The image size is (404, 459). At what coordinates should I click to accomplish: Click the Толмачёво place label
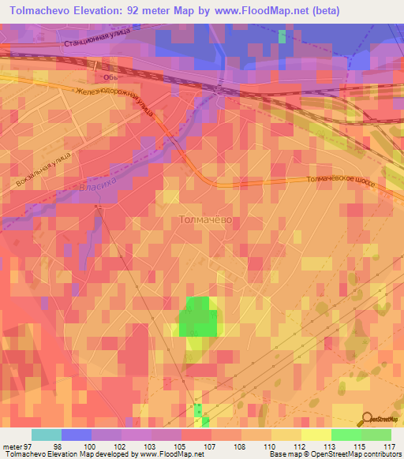click(x=206, y=220)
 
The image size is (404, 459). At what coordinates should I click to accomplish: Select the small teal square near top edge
click(x=282, y=36)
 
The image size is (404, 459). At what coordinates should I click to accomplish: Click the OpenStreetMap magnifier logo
click(x=367, y=420)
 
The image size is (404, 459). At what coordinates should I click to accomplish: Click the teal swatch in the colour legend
click(x=47, y=435)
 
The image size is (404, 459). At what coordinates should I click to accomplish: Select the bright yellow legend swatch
click(x=316, y=435)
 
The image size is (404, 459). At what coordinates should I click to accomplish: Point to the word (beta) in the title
click(x=379, y=11)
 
